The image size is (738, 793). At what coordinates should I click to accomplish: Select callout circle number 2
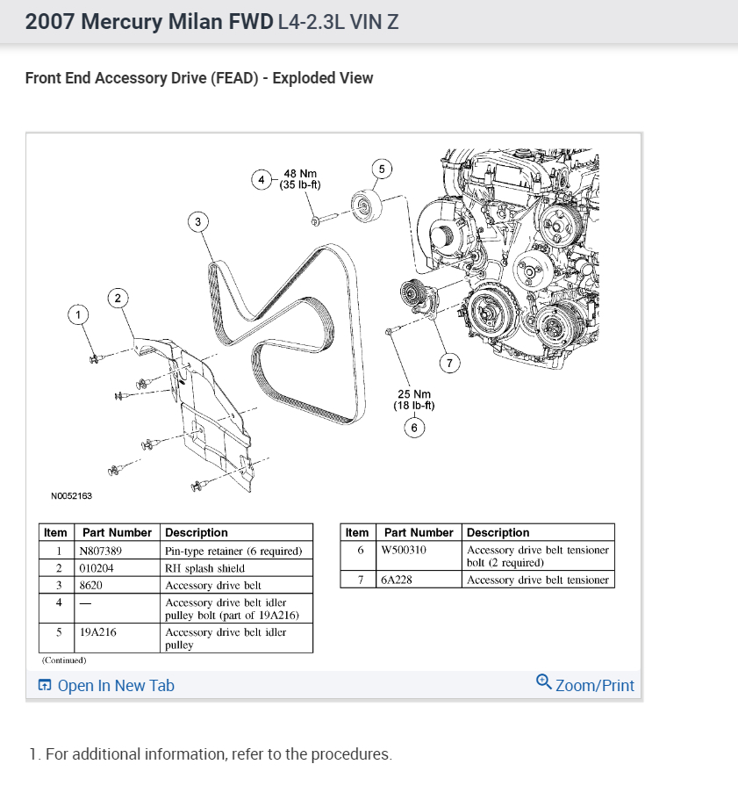118,298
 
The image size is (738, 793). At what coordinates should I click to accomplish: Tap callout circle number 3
198,222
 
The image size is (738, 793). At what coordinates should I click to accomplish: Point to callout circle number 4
261,180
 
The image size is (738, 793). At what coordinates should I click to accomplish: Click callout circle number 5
381,169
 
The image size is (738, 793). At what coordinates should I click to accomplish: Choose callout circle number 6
413,428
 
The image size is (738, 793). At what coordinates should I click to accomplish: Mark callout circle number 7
448,363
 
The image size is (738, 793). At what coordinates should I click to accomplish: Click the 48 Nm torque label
300,179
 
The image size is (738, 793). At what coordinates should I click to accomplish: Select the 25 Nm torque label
413,400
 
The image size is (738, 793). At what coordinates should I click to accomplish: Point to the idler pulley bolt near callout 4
320,216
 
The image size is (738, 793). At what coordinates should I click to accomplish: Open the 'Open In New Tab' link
106,686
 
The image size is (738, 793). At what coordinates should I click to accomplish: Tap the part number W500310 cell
405,551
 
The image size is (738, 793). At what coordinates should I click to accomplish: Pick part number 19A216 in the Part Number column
98,631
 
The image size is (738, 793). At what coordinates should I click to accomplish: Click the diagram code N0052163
71,496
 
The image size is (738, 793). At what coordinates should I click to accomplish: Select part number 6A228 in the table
396,580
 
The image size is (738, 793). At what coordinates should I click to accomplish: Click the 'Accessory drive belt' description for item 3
213,585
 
